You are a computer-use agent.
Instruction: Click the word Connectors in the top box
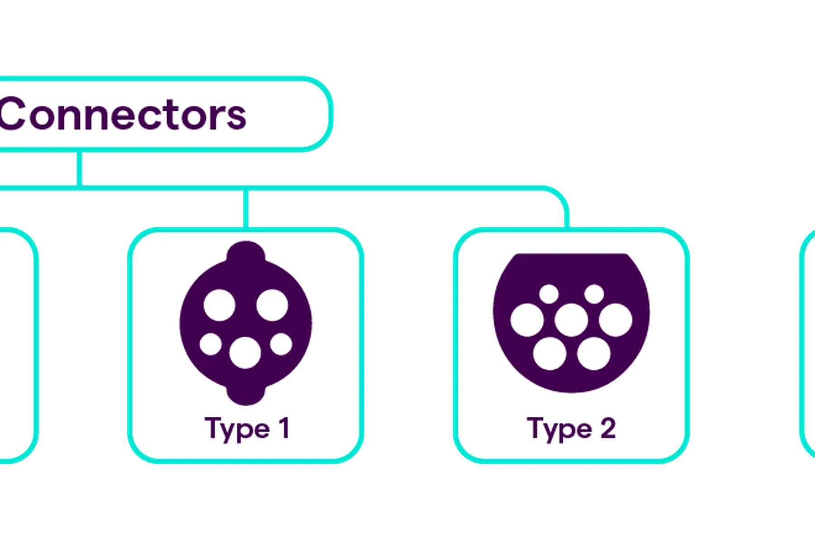(x=123, y=114)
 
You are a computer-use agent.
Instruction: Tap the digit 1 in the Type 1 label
(x=284, y=428)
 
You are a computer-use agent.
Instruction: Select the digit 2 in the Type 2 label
(x=608, y=428)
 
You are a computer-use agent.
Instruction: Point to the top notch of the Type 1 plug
(x=246, y=251)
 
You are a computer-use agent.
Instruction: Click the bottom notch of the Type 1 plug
(x=246, y=395)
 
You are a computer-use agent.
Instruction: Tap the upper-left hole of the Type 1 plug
(x=220, y=305)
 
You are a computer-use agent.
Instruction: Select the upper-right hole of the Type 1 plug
(x=272, y=305)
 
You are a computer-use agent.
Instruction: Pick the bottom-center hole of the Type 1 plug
(x=245, y=352)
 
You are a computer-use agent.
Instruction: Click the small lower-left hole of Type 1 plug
(x=211, y=344)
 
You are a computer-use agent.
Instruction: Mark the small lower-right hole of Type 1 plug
(x=281, y=344)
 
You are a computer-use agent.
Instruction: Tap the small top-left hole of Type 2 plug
(x=549, y=294)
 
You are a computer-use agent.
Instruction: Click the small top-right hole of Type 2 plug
(x=594, y=294)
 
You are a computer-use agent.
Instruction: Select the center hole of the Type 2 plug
(x=571, y=320)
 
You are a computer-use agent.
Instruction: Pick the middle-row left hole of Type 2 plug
(x=527, y=320)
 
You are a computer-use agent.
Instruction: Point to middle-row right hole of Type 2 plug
(x=616, y=320)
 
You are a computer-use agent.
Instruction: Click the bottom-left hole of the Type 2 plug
(x=550, y=353)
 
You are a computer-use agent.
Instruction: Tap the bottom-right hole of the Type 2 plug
(x=594, y=353)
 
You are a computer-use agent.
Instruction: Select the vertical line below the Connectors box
(x=80, y=168)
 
